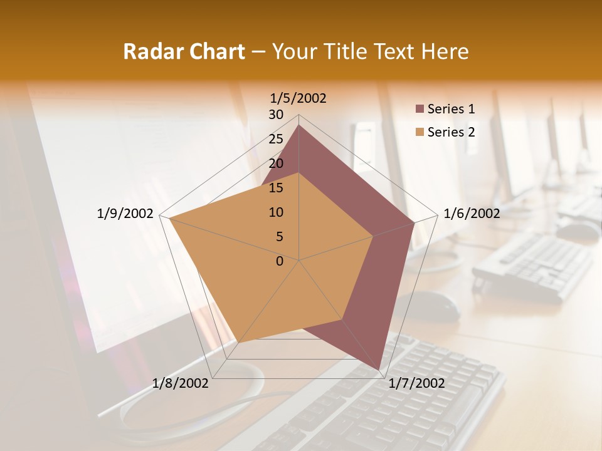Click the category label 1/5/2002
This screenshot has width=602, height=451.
click(298, 98)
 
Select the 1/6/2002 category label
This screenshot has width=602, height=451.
click(472, 214)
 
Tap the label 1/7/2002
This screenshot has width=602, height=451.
click(416, 383)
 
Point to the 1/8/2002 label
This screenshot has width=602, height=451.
click(181, 383)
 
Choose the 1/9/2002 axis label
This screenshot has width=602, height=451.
click(125, 214)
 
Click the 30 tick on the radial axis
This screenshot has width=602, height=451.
click(276, 115)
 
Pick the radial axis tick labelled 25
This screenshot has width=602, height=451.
click(276, 139)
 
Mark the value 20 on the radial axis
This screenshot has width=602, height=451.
click(276, 163)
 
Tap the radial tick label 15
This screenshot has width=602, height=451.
click(276, 188)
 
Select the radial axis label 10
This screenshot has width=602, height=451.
click(276, 212)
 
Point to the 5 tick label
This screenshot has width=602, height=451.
click(279, 237)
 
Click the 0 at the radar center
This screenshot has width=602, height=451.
click(280, 261)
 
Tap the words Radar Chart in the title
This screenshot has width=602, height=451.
click(184, 51)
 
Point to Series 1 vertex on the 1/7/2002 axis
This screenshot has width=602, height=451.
click(379, 370)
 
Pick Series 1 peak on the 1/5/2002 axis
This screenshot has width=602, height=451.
click(299, 125)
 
